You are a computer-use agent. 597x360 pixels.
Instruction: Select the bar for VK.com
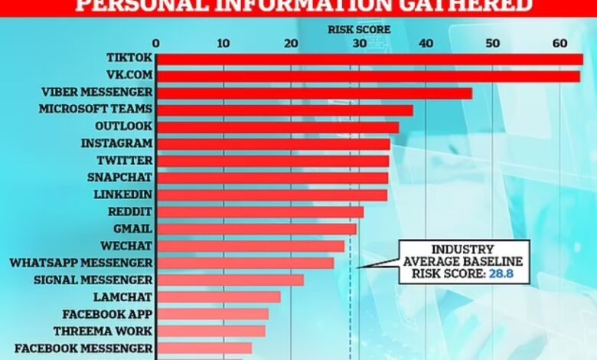coord(368,76)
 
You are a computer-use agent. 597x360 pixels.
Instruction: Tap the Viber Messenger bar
coord(314,93)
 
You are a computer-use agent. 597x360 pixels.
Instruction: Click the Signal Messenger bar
coord(230,280)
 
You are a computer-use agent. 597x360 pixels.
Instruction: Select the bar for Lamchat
coord(218,296)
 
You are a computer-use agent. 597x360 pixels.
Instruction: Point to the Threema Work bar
coord(210,330)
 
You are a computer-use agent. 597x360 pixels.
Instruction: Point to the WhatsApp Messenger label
coord(80,262)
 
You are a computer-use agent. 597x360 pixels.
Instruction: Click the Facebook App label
coord(106,313)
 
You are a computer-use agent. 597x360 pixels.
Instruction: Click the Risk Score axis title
coord(360,30)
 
